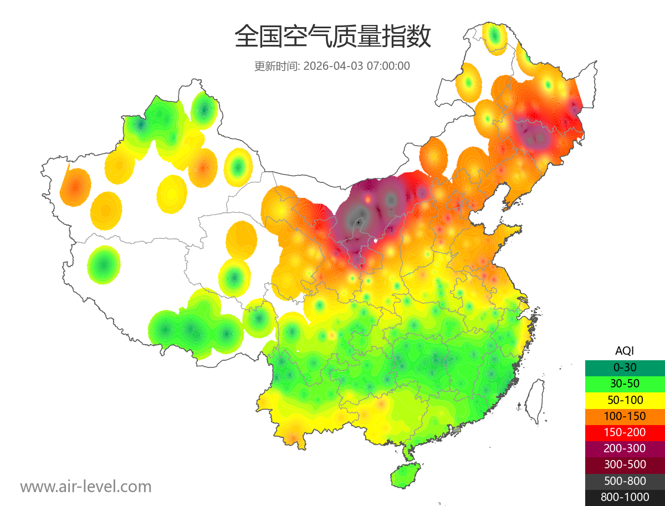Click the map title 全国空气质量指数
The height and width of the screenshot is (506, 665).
[x=332, y=37]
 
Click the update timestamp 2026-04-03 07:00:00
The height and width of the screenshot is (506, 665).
[x=357, y=66]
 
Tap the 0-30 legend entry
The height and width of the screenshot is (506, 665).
[x=625, y=367]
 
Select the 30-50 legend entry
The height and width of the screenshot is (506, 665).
[x=625, y=384]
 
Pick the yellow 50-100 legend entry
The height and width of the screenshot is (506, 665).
[x=625, y=400]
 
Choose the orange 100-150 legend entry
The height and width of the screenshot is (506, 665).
[x=625, y=416]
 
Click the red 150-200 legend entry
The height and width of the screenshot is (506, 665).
[x=625, y=432]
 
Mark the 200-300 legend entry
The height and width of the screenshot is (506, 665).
[x=625, y=448]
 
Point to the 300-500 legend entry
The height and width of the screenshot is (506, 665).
[x=625, y=464]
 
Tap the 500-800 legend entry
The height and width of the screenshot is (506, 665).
[x=625, y=481]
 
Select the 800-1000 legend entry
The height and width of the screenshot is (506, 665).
[x=625, y=497]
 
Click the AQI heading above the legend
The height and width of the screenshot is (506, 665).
[x=625, y=350]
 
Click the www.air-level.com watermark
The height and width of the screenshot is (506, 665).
[x=86, y=487]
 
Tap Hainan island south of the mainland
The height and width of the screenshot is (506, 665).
[x=406, y=476]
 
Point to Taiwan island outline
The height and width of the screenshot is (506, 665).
[x=535, y=402]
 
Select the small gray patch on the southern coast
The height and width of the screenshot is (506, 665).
[x=456, y=430]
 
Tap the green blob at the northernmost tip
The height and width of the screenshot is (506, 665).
[x=495, y=37]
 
